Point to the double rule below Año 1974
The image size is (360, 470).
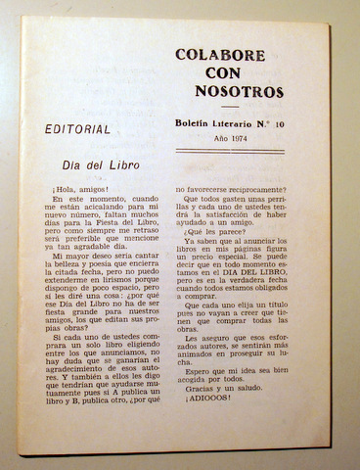(x=229, y=152)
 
